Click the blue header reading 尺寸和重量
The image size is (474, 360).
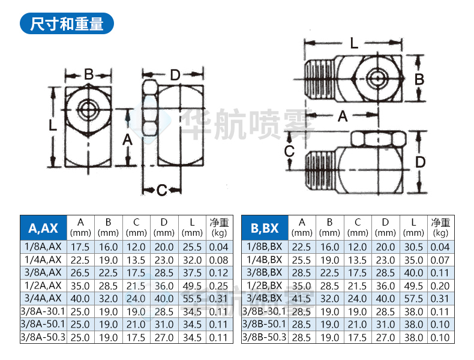(66, 23)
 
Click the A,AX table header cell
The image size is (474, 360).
(43, 227)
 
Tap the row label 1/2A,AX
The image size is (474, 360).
(43, 285)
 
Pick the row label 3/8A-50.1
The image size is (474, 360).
(43, 325)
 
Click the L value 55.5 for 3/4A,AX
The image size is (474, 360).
(191, 298)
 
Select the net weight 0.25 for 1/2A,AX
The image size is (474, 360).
(219, 285)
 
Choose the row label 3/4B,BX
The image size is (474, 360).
(265, 298)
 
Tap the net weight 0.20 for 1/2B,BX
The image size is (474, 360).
(440, 285)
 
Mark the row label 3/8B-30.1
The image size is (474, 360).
(265, 311)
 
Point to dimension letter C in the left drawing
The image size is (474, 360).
(161, 190)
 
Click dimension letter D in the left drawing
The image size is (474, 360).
(175, 75)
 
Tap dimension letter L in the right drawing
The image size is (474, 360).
(354, 43)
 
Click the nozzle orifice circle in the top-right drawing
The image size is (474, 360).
(376, 78)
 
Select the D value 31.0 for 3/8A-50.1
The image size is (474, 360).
(163, 325)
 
